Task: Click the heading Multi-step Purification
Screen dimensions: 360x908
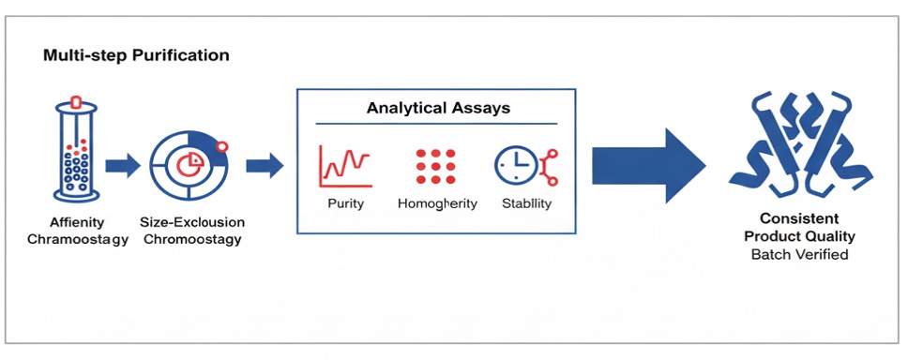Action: coord(136,55)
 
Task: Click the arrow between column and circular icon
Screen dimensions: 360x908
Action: coord(122,167)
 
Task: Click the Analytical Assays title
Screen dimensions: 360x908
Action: coord(438,108)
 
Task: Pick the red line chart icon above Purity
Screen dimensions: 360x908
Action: coord(345,164)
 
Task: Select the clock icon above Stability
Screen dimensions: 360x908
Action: coord(518,166)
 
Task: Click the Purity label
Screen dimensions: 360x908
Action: coord(345,203)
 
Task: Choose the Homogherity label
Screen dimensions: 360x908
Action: coord(437,203)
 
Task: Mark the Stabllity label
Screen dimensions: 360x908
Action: coord(525,203)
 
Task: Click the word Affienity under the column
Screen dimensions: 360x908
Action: coord(77,222)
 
